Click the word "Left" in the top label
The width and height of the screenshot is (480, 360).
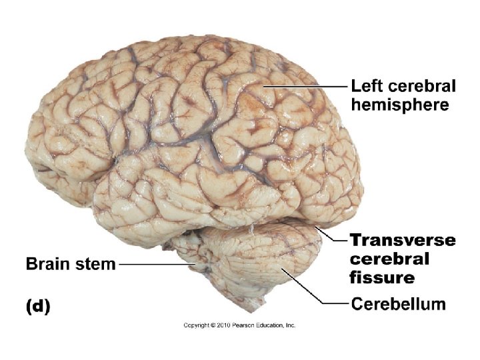point(367,86)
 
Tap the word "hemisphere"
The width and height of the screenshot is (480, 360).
point(400,105)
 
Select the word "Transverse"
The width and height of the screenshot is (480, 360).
point(403,240)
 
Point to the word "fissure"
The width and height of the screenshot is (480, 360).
point(382,277)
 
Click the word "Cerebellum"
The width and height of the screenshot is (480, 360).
point(398,304)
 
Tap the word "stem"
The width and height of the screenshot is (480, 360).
point(95,264)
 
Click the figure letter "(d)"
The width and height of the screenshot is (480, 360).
point(38,307)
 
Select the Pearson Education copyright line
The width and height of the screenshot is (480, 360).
point(239,325)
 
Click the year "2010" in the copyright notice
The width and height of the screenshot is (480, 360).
point(225,325)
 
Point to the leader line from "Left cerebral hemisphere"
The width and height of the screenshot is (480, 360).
point(307,86)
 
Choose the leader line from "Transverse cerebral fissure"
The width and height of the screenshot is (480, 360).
point(333,235)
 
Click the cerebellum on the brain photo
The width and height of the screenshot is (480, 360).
point(267,260)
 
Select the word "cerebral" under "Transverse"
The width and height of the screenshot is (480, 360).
point(389,259)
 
